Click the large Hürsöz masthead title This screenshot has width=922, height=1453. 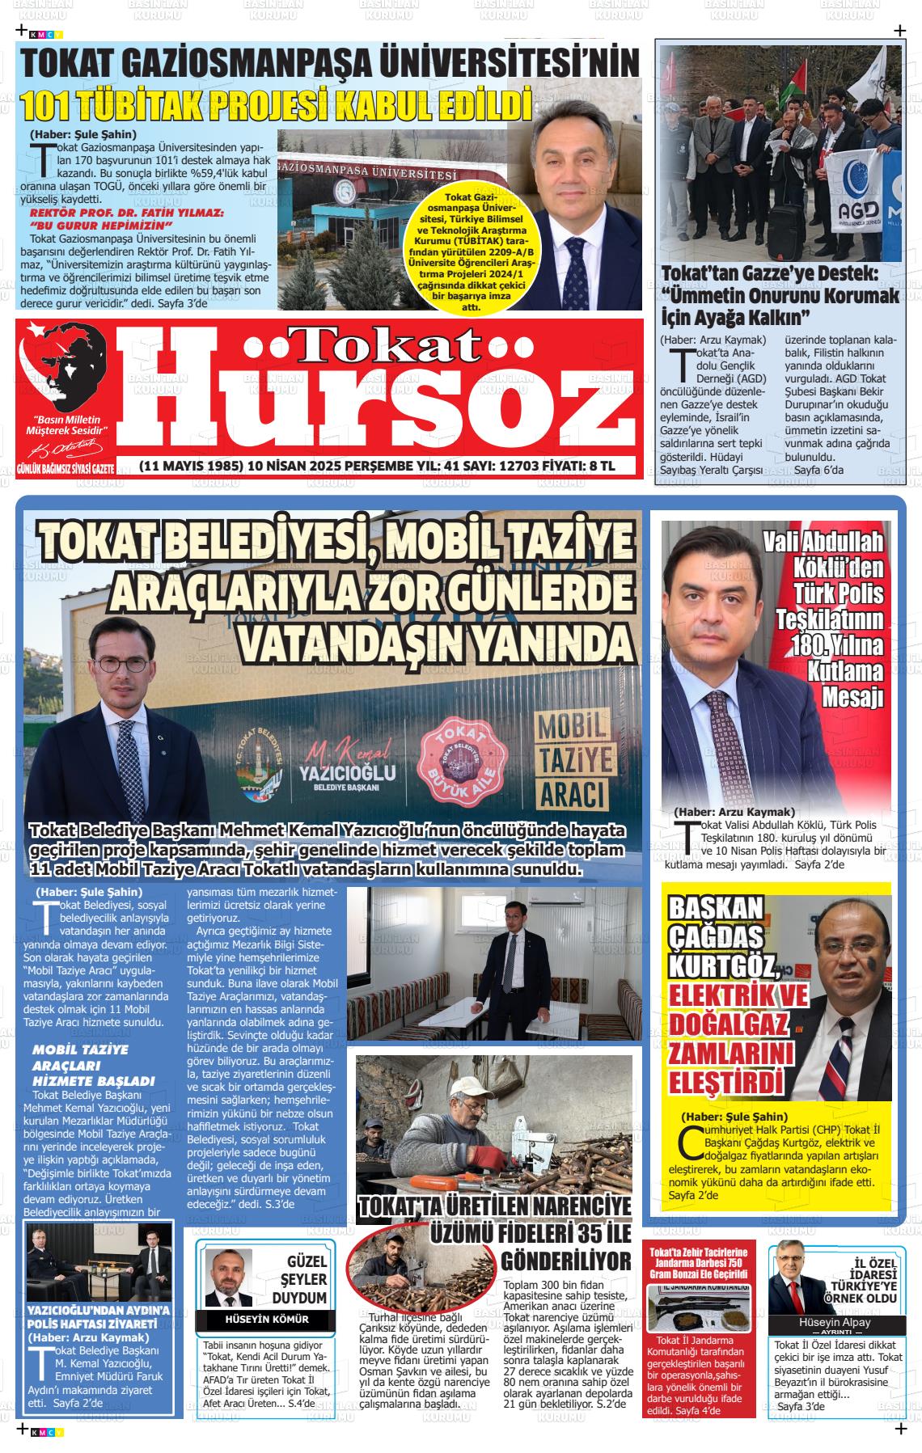point(380,396)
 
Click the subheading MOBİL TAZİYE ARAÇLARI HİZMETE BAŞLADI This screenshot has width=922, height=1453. point(93,1065)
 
